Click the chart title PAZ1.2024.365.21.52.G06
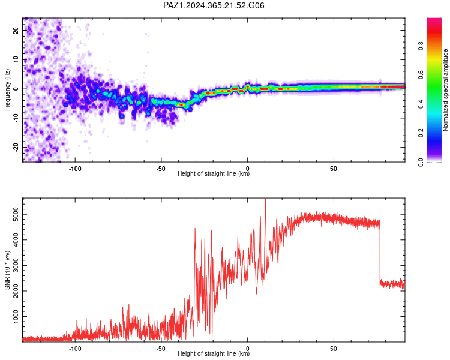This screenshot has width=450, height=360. [x=214, y=5]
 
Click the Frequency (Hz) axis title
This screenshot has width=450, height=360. [x=7, y=90]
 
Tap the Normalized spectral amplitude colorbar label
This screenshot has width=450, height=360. [x=445, y=90]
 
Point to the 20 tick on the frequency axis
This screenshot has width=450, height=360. [x=16, y=30]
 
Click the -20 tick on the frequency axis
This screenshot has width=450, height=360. [x=16, y=148]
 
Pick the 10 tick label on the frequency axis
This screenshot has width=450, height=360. [x=16, y=59]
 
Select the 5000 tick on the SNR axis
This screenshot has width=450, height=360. [x=16, y=214]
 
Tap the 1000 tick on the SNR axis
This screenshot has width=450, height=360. [x=16, y=316]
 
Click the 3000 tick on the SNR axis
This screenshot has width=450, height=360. [x=16, y=266]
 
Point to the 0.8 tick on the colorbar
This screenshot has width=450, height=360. [x=421, y=46]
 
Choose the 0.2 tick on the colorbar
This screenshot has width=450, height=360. [x=421, y=133]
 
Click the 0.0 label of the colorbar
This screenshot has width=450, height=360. [x=421, y=162]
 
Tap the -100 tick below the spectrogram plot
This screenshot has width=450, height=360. [x=75, y=169]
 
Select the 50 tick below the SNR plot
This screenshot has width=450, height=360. [x=334, y=349]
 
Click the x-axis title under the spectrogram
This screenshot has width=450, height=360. [x=214, y=173]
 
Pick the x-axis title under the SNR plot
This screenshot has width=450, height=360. [x=214, y=353]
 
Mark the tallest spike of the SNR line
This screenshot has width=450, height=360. [x=265, y=199]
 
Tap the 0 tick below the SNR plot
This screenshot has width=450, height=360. [x=247, y=349]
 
